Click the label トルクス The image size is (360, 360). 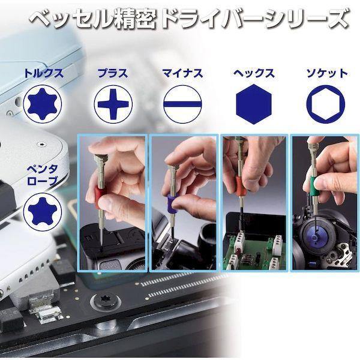coord(44,73)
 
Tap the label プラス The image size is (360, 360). coord(113,73)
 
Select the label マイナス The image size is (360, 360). coord(182,73)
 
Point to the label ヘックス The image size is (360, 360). coord(254,73)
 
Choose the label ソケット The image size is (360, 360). coord(327,73)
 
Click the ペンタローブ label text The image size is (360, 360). coord(42,175)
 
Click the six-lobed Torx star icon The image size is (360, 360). coord(43,104)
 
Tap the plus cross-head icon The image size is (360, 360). coord(113,104)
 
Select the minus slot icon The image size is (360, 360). coord(182,104)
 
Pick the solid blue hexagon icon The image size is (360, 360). coord(254,104)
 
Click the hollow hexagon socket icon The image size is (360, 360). coord(326,104)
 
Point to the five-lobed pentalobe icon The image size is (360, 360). coord(43,211)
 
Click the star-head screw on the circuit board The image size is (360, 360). coord(106,299)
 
